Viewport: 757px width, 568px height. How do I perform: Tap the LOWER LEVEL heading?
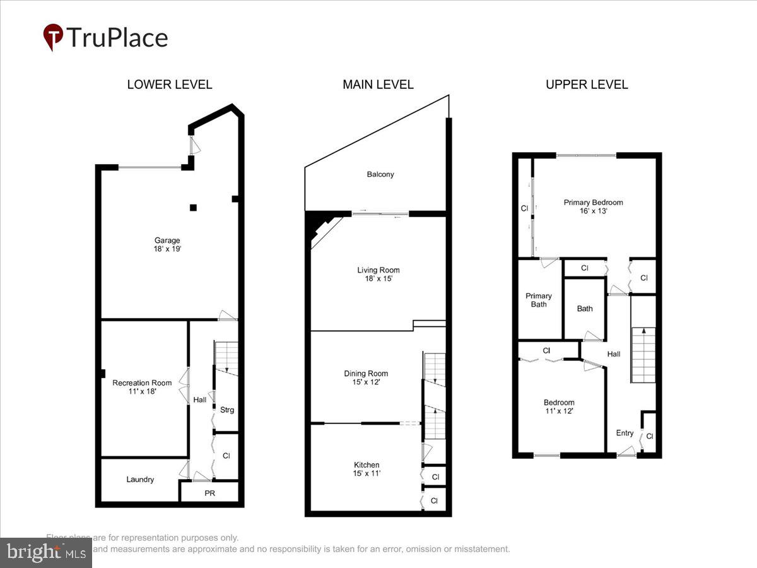click(x=170, y=85)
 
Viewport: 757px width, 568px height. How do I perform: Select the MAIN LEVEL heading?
click(x=378, y=85)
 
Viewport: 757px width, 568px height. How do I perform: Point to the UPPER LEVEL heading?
click(x=587, y=85)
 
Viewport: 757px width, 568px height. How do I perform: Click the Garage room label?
click(x=167, y=240)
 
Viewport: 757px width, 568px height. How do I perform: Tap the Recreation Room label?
click(x=142, y=383)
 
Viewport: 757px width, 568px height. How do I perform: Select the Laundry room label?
click(x=140, y=480)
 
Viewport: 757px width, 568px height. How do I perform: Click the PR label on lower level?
click(x=209, y=494)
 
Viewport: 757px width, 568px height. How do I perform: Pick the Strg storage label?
click(x=227, y=410)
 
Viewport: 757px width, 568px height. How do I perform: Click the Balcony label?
click(x=380, y=174)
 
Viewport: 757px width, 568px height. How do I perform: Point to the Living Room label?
click(x=378, y=270)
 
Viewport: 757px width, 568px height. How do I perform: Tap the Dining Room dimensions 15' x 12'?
click(x=366, y=382)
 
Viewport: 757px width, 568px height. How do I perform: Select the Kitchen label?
click(x=367, y=465)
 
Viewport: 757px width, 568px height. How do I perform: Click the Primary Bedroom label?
click(x=593, y=203)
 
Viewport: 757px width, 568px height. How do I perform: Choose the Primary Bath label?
click(x=539, y=300)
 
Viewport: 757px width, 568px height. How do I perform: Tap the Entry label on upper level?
click(x=625, y=433)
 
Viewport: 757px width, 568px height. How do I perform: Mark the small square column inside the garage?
click(x=194, y=208)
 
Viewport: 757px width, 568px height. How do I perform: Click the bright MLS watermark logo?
click(x=45, y=553)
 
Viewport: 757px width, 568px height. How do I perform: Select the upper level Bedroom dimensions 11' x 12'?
click(x=559, y=411)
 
